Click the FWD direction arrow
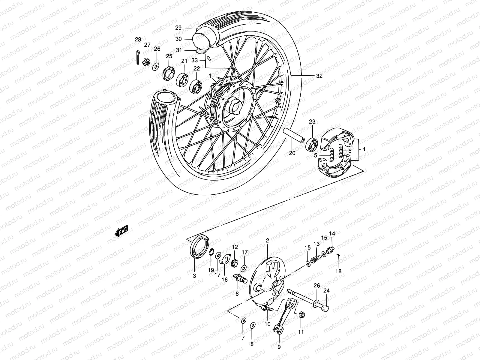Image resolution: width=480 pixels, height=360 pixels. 121,232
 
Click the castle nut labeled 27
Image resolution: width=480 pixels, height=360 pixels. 147,62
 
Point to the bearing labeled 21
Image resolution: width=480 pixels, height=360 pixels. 182,79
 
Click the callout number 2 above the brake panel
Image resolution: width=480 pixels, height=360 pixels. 267,241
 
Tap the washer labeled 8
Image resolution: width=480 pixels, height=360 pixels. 253,325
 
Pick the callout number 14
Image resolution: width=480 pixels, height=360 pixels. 332,234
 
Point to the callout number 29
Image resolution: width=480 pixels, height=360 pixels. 178,28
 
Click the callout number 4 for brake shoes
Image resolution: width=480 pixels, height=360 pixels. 363,149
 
